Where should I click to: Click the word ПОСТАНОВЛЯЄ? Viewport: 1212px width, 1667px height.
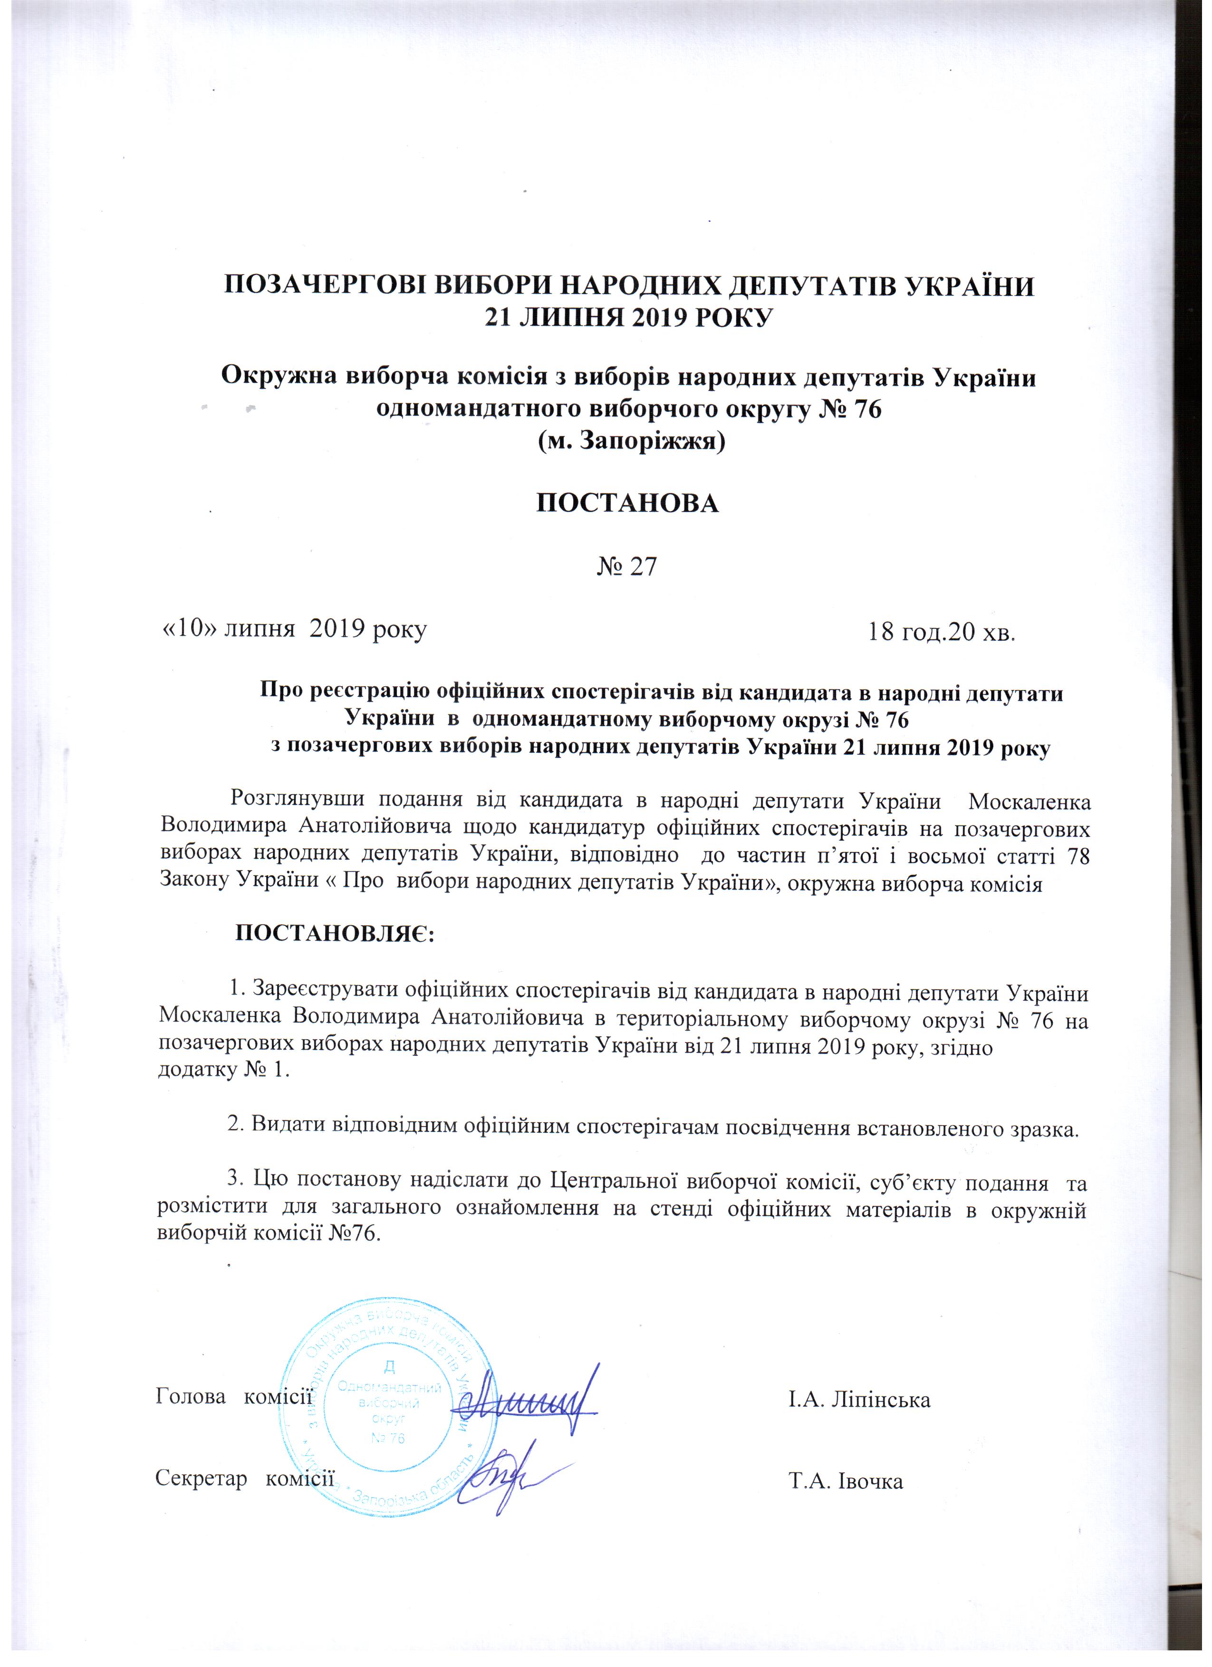point(335,935)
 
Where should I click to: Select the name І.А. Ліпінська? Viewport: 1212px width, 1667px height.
point(859,1400)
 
